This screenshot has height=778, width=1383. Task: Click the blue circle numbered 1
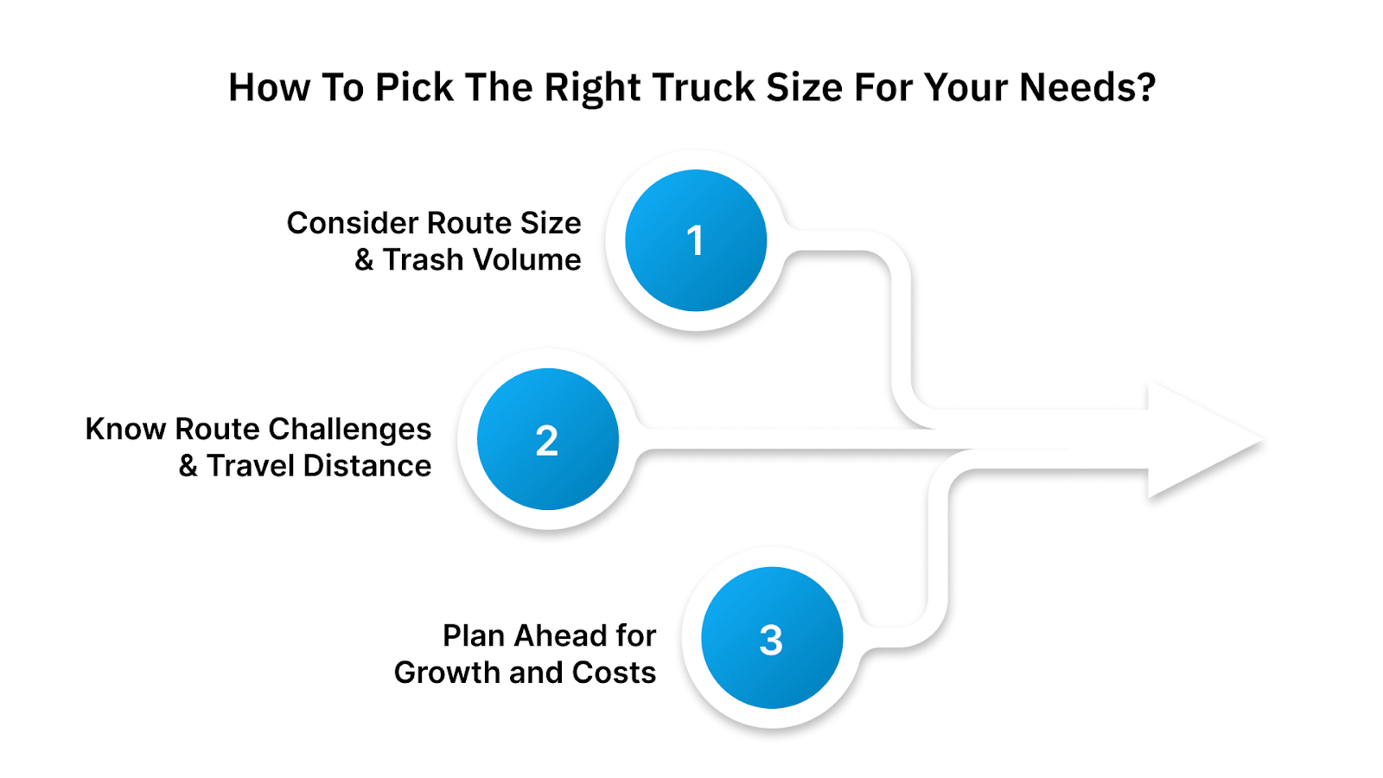click(696, 240)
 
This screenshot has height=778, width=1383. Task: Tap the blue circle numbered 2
click(547, 439)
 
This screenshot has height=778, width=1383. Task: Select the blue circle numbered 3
click(771, 638)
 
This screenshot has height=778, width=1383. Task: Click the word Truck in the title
click(704, 88)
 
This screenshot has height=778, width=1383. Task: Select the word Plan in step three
click(474, 636)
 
